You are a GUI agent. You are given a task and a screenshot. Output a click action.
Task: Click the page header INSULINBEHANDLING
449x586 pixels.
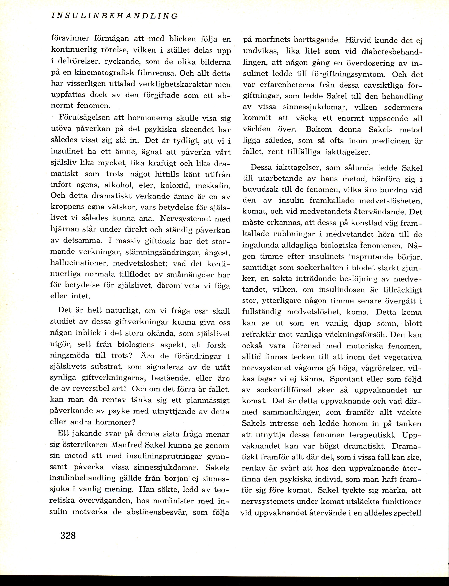click(114, 16)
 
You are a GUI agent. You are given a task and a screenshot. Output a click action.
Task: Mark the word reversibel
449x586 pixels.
click(84, 389)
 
